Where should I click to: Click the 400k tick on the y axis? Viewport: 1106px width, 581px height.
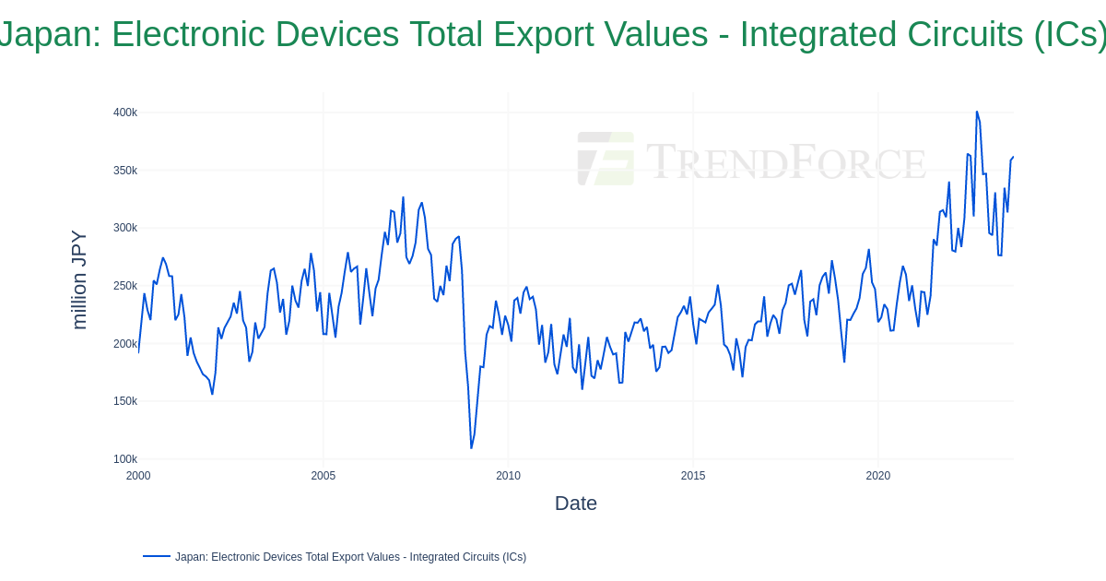click(x=125, y=113)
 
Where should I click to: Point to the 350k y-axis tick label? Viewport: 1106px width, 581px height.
click(x=125, y=171)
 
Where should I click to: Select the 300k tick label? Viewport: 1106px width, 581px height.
click(x=125, y=228)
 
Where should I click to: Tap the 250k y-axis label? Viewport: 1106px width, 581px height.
click(x=125, y=286)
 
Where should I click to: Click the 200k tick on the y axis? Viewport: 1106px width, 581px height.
click(x=125, y=344)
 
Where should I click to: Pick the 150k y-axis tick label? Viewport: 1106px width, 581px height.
click(x=125, y=401)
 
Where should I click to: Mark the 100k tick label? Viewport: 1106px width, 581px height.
click(x=125, y=459)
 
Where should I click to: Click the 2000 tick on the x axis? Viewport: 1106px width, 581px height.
click(x=138, y=476)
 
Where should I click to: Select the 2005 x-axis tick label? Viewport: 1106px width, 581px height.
click(x=324, y=476)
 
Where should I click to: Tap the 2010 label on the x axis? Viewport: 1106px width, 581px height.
click(x=508, y=476)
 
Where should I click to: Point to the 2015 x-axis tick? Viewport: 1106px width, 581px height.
click(x=693, y=476)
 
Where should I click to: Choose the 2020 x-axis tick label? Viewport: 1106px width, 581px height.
click(x=878, y=476)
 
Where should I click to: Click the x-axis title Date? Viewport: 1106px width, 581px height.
click(x=576, y=504)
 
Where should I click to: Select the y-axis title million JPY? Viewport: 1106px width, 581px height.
click(x=79, y=279)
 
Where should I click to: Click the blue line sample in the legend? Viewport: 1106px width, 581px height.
click(x=157, y=556)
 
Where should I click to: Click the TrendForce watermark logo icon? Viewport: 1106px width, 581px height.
click(x=606, y=159)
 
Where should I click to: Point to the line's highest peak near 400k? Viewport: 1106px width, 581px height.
click(x=977, y=113)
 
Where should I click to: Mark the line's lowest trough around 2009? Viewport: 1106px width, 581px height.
click(x=471, y=448)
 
